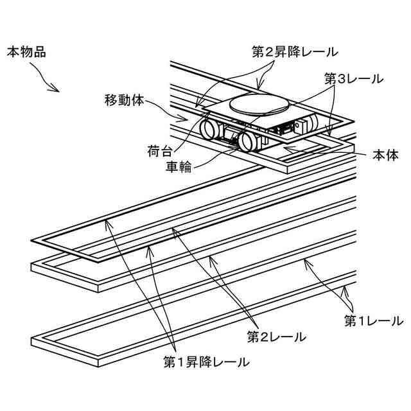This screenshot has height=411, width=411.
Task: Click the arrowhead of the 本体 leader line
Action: pyautogui.click(x=285, y=150)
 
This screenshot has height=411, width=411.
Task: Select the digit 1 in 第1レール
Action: pyautogui.click(x=362, y=319)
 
